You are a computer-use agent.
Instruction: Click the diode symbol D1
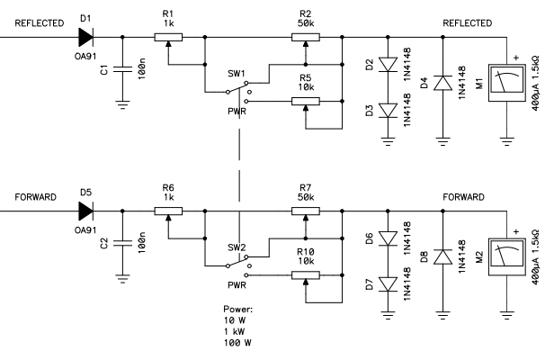coord(85,37)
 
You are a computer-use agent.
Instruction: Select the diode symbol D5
coord(85,211)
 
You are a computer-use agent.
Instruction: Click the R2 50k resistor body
coord(305,37)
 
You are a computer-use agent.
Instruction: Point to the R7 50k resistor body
coord(305,211)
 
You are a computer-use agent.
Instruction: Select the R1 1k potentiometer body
coord(168,37)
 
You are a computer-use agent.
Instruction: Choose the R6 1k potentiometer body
coord(168,211)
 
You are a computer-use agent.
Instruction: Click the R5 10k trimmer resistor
coord(305,101)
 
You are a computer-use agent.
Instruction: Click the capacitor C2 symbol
coord(122,243)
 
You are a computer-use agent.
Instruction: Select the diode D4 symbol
coord(442,83)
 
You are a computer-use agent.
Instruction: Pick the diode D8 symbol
coord(442,256)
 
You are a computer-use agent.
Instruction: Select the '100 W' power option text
coord(237,343)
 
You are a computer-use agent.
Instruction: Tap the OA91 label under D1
coord(85,56)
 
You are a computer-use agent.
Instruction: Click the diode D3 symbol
coord(388,110)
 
